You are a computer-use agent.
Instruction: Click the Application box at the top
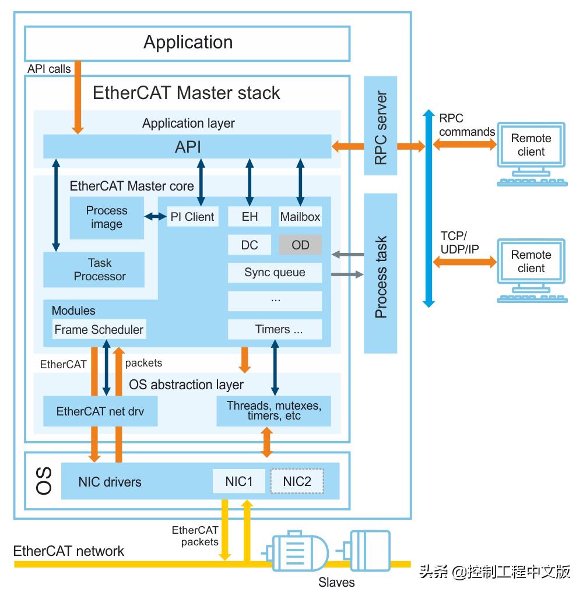tap(187, 43)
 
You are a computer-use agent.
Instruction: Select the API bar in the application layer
tap(187, 146)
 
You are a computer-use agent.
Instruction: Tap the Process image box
tap(107, 217)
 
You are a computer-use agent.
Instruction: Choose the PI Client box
tap(192, 217)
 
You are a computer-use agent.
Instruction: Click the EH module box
tap(250, 217)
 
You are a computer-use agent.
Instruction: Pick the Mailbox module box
tap(300, 217)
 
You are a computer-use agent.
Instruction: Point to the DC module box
tap(250, 245)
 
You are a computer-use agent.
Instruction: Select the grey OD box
tap(300, 245)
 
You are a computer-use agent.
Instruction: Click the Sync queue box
tap(275, 272)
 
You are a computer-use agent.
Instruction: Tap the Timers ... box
tap(275, 329)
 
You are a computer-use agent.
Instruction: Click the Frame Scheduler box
tap(99, 329)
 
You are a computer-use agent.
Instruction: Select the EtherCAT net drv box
tap(100, 411)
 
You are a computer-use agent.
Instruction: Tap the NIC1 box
tap(239, 481)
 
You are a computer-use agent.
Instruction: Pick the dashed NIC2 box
tap(297, 481)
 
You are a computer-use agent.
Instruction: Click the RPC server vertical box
tap(380, 125)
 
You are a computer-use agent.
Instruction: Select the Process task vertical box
tap(380, 273)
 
